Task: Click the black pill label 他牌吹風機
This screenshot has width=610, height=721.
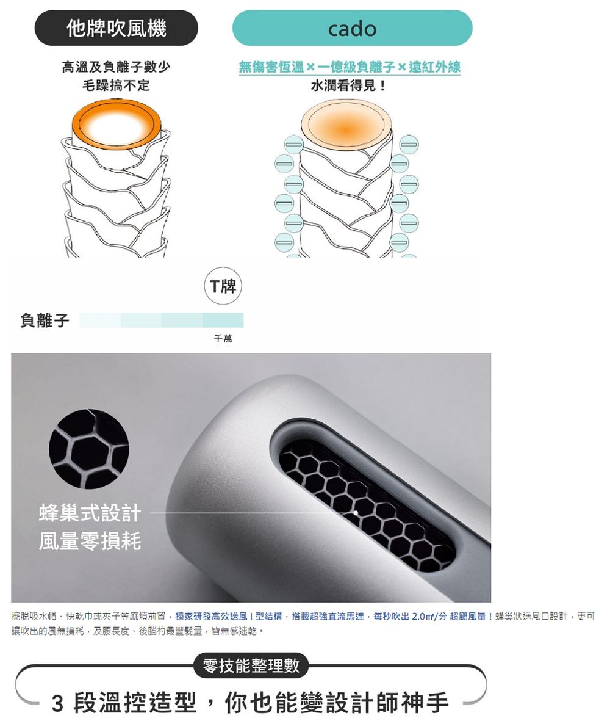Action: click(117, 28)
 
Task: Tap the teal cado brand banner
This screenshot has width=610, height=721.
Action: click(353, 28)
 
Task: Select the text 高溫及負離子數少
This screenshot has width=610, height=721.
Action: click(117, 67)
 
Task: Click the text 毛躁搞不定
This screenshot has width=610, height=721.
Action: click(117, 85)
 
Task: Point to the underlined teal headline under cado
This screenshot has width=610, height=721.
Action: click(350, 67)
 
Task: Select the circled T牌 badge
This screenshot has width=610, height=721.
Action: click(223, 286)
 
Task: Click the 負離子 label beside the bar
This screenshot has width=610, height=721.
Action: click(45, 320)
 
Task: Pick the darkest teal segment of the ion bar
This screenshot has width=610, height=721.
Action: click(223, 320)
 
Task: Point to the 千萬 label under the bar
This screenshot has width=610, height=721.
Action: click(223, 338)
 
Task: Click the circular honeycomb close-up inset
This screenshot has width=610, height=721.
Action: click(89, 449)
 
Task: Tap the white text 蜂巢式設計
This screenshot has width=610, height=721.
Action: click(90, 513)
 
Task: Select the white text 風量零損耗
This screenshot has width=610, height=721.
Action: click(90, 541)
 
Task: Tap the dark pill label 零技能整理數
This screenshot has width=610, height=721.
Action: click(251, 665)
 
